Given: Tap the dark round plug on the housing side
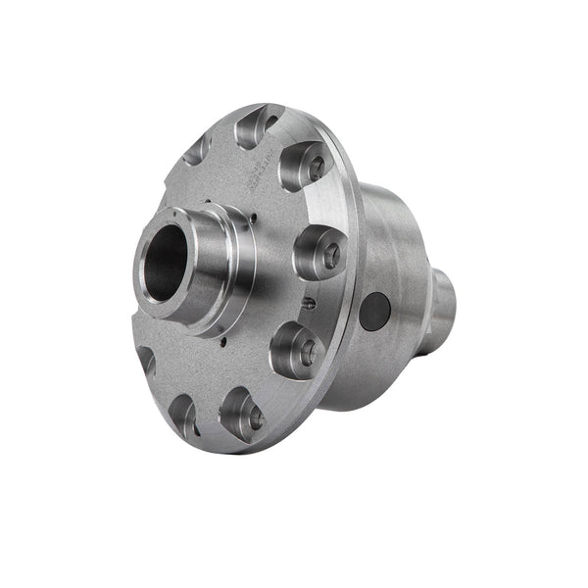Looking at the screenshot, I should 374,312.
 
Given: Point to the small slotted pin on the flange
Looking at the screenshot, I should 309,303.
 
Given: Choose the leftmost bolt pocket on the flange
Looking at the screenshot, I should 146,362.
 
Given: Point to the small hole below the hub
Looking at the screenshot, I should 223,342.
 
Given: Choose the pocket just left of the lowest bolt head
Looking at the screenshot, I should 183,413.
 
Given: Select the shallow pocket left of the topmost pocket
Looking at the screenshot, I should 199,148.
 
